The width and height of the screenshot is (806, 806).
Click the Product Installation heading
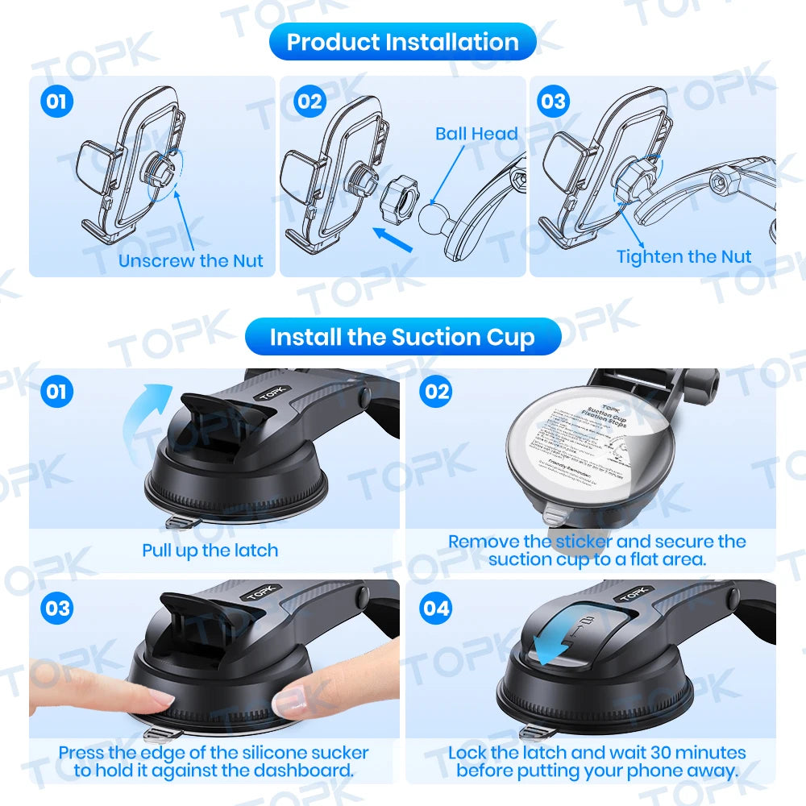[402, 42]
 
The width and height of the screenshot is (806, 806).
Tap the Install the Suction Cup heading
[402, 337]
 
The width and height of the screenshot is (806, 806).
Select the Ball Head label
[476, 134]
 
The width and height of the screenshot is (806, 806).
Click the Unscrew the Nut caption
[191, 260]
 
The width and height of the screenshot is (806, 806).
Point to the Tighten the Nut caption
[683, 256]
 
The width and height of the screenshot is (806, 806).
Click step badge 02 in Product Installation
[310, 102]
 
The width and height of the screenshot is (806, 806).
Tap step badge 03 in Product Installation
[554, 102]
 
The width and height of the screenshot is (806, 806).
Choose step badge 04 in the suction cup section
[436, 608]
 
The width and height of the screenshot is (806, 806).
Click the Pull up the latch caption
[210, 550]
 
